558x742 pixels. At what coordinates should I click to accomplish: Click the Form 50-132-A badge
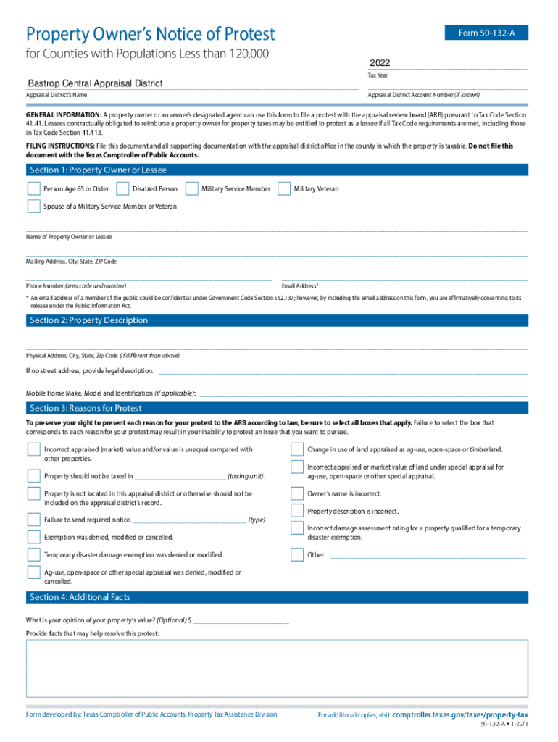tap(486, 33)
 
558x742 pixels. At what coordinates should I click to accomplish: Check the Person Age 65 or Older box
tap(33, 189)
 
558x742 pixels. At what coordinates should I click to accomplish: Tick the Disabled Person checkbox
tap(121, 189)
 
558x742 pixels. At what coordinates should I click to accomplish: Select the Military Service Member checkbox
tap(192, 189)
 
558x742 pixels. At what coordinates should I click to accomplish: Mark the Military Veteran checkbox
tap(284, 189)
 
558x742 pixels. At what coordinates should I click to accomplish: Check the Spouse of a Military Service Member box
tap(33, 207)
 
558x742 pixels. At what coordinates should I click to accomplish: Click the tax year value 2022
tap(380, 63)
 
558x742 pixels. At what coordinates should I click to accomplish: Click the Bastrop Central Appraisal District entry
tap(95, 83)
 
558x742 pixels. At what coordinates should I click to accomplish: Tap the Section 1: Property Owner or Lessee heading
tap(98, 170)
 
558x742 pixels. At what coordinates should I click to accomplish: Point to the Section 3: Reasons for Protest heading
tap(86, 409)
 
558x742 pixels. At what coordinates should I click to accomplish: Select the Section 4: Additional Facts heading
tap(80, 597)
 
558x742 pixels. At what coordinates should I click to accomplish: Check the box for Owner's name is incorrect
tap(297, 494)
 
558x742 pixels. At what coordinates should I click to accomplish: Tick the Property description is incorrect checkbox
tap(297, 511)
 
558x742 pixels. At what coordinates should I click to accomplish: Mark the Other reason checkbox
tap(297, 555)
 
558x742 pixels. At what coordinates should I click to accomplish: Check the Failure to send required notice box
tap(33, 520)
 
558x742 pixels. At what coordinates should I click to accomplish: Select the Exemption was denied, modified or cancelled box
tap(33, 537)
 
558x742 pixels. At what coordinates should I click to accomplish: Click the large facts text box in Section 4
tap(277, 667)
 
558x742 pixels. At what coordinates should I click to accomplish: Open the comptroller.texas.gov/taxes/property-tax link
tap(460, 714)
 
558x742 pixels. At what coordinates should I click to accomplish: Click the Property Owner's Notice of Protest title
tap(151, 34)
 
